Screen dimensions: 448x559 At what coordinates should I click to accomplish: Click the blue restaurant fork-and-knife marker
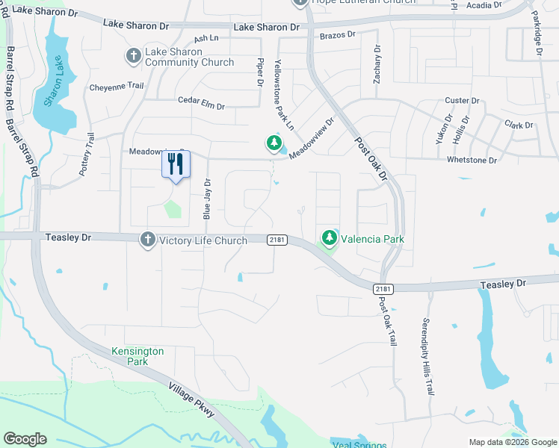tap(176, 165)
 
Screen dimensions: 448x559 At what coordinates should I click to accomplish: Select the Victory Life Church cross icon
tap(147, 240)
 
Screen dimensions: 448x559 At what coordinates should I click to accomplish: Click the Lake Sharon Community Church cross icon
tap(133, 55)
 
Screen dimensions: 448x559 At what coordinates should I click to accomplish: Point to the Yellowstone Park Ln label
tap(285, 93)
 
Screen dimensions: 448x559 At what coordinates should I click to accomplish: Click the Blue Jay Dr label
tap(207, 199)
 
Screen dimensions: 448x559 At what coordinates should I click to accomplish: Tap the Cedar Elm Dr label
tap(201, 103)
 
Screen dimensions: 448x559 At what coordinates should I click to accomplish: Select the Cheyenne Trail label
tap(116, 86)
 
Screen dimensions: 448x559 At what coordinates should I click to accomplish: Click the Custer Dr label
tap(462, 101)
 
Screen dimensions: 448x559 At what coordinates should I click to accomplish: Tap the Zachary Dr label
tap(377, 64)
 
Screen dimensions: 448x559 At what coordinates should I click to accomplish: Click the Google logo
tap(25, 439)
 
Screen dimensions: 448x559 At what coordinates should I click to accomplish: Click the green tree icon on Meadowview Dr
tap(274, 142)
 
